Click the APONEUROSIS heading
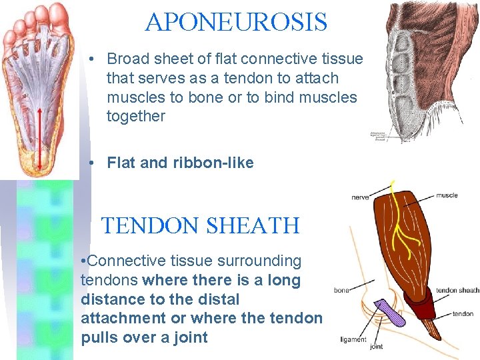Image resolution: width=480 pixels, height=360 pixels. [236, 23]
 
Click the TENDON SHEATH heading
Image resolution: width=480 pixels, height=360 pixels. [200, 225]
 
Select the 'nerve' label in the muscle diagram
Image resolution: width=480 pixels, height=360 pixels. [361, 197]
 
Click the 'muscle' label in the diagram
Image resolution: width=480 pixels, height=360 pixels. [447, 195]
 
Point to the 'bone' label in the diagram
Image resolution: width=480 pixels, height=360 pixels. [341, 290]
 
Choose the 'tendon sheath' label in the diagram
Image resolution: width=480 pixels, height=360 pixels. [457, 290]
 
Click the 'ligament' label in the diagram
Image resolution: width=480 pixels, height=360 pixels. [353, 339]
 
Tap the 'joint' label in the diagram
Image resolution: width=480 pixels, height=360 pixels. [376, 347]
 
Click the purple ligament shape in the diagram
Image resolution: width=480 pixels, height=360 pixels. [391, 313]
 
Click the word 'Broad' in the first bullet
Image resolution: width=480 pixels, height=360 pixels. [127, 59]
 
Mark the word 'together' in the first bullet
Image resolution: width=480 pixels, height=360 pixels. [136, 116]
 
